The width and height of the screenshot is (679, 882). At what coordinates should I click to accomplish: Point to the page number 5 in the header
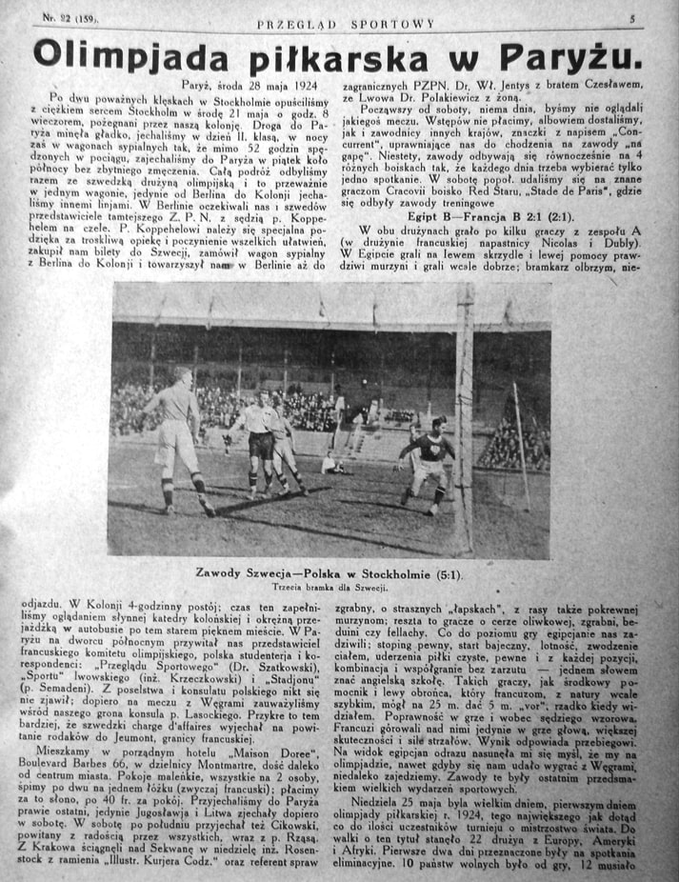pos(631,19)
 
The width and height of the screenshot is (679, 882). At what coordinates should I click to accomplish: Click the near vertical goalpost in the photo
pos(465,419)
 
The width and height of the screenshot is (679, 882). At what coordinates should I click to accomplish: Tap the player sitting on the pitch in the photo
pos(333,464)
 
